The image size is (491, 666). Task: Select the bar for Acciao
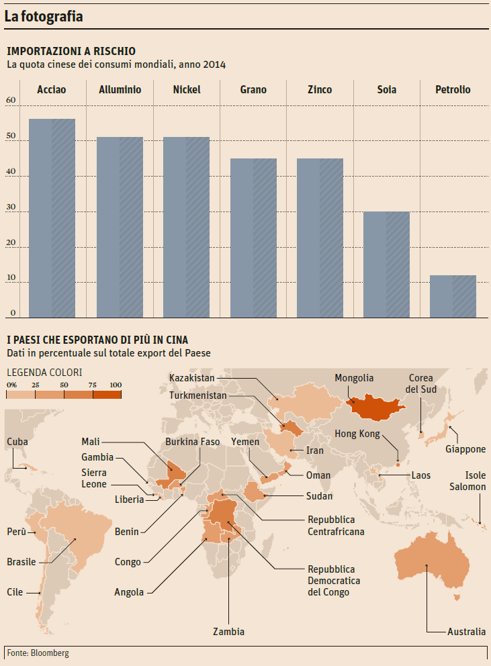[x=52, y=218]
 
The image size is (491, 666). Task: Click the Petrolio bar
[x=453, y=296]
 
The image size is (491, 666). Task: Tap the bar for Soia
[x=386, y=265]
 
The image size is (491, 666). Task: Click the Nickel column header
[x=186, y=89]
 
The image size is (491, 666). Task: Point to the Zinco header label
[x=319, y=89]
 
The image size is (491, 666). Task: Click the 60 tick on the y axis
[x=10, y=101]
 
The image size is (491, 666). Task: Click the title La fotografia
[x=44, y=17]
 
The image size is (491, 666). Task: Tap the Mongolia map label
[x=354, y=378]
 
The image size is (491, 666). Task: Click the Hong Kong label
[x=357, y=434]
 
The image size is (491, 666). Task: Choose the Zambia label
[x=228, y=631]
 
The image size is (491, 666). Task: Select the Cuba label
[x=17, y=441]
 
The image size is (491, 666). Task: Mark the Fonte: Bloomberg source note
[x=38, y=653]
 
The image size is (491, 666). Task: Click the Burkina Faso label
[x=193, y=442]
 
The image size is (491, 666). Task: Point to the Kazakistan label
[x=192, y=378]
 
